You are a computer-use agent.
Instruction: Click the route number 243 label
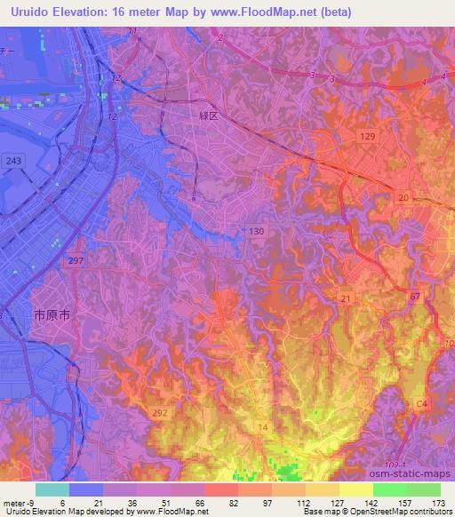pos(13,160)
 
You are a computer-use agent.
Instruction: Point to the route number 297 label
pos(76,259)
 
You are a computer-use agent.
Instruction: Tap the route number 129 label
pos(369,135)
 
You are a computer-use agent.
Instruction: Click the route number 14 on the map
pos(262,428)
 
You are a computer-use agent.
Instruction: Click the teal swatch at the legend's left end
pos(52,489)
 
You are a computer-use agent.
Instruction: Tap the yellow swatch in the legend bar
pos(355,489)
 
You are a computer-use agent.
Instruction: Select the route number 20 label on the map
pos(405,197)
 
